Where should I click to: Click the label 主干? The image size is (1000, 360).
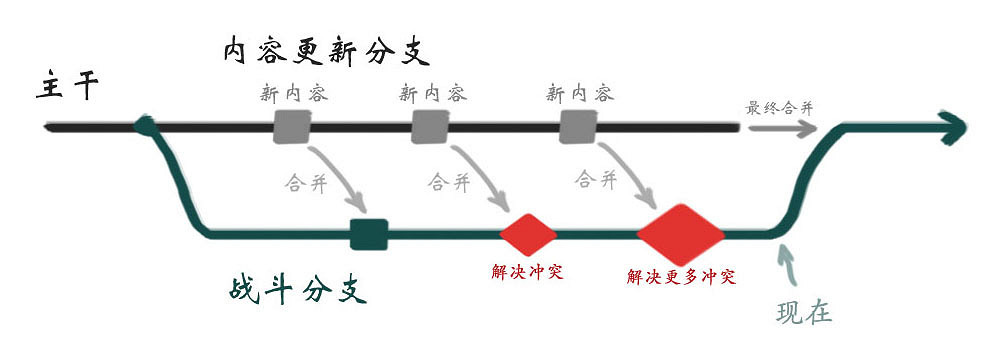pos(67,87)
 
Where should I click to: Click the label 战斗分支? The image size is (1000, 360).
pos(294,291)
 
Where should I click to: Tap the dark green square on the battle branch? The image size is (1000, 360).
pos(369,234)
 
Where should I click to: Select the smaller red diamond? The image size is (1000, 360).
pos(527,234)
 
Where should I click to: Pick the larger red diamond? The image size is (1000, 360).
pos(680,234)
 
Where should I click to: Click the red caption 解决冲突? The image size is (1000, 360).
pos(527,271)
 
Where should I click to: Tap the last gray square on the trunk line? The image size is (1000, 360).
pos(578,127)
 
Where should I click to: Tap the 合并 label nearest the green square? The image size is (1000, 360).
pos(307,183)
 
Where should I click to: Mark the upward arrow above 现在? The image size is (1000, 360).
pos(787,265)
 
